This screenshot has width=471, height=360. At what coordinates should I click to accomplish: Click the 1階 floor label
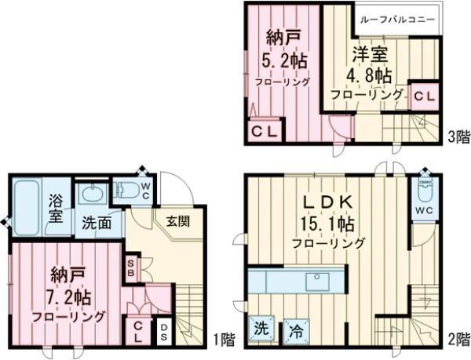(224, 340)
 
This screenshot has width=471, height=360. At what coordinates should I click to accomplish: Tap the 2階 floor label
(458, 340)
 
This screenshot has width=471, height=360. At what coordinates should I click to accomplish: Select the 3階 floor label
(458, 135)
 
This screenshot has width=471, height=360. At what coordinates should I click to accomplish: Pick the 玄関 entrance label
(177, 220)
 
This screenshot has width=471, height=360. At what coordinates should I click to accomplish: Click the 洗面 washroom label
(98, 222)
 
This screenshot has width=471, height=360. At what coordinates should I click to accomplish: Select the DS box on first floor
(164, 329)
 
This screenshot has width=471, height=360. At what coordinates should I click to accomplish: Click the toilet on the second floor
(425, 190)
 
